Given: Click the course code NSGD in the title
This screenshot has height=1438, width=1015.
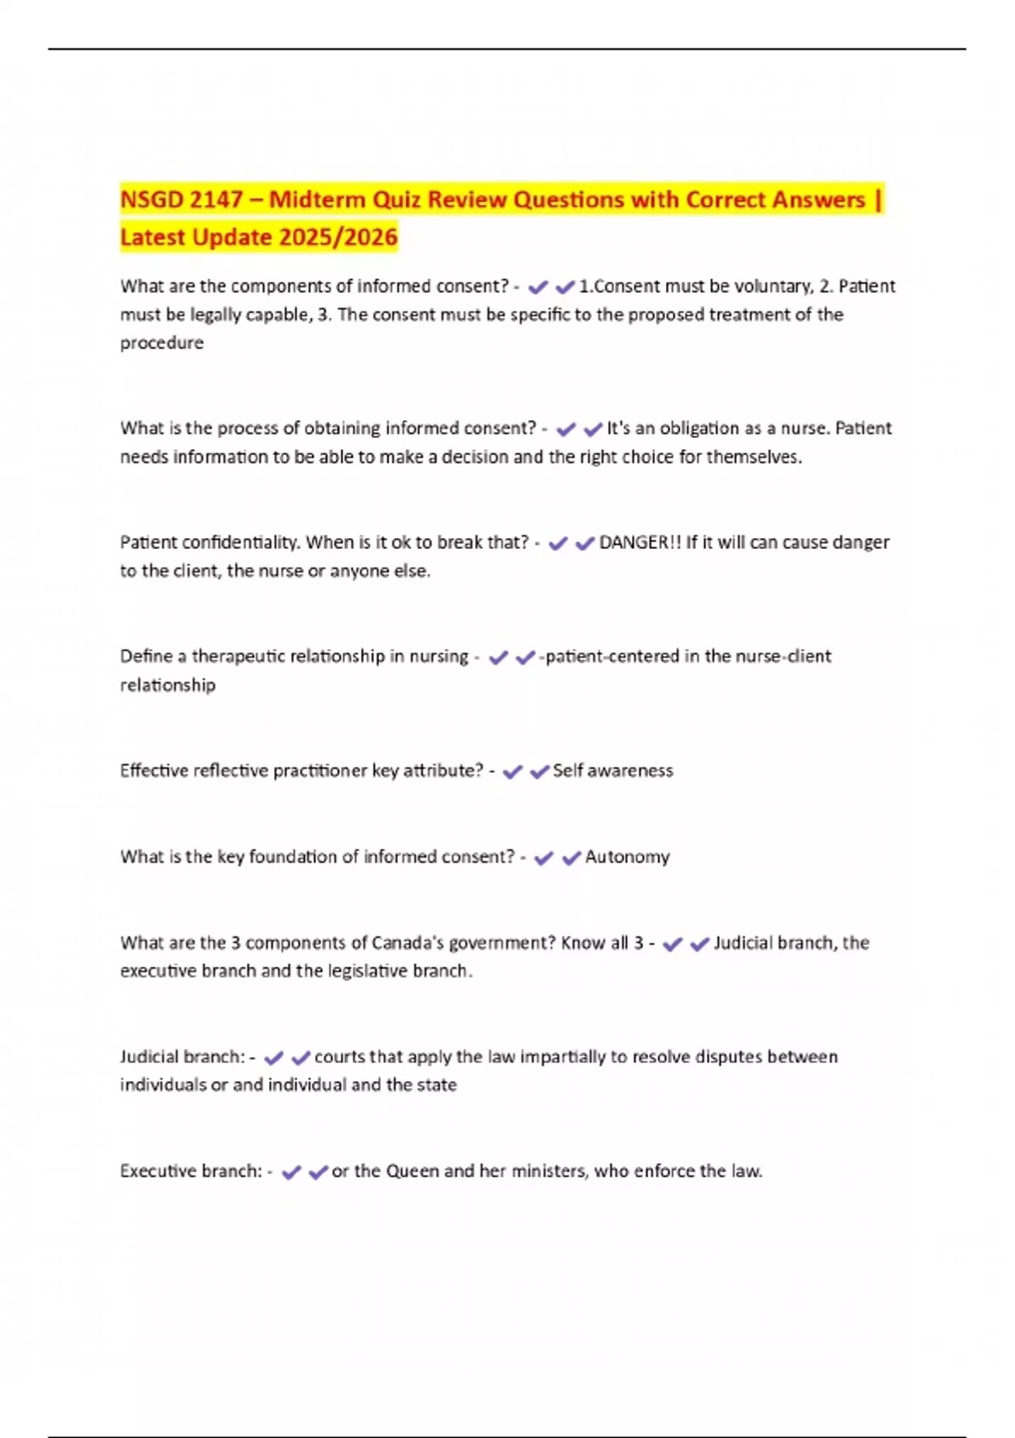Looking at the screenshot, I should tap(151, 200).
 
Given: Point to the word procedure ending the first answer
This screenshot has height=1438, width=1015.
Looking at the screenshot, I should tap(162, 343).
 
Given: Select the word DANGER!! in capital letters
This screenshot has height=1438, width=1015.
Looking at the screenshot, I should tap(639, 543).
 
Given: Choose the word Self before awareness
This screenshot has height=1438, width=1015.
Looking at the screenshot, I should tap(568, 771).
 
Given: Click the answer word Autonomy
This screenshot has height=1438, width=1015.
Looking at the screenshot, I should tap(627, 858).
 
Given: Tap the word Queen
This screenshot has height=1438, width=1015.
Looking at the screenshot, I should tap(412, 1172).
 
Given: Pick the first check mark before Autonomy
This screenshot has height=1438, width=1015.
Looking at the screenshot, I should tap(544, 859).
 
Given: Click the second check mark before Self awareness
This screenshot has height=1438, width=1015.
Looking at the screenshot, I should tap(539, 772).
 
